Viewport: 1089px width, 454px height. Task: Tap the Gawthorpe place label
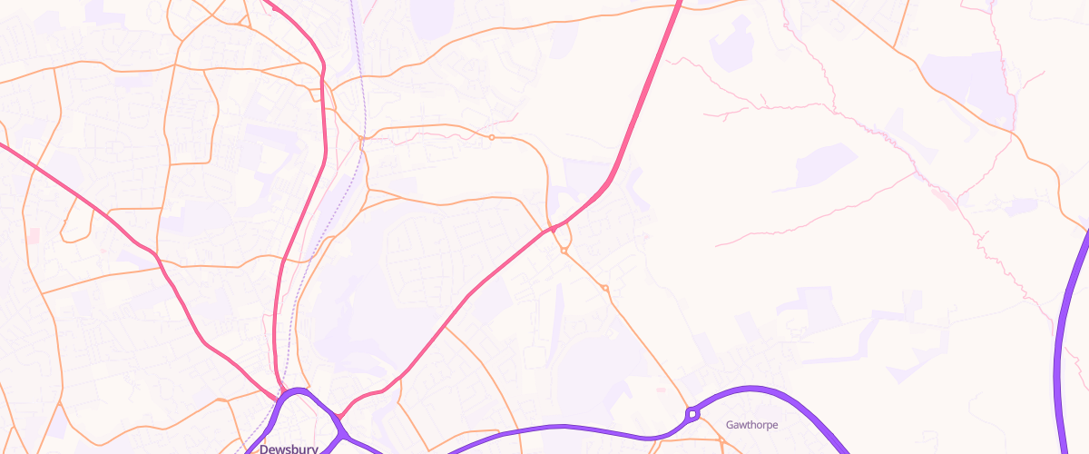click(x=752, y=424)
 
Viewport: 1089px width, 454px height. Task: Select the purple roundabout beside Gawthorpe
click(x=693, y=414)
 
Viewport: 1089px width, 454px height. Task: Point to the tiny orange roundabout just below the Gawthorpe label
click(x=721, y=440)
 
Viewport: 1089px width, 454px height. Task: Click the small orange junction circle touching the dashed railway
click(x=362, y=139)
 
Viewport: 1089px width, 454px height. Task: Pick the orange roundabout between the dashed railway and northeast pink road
click(x=492, y=137)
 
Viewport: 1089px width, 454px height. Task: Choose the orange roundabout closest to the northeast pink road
click(x=564, y=251)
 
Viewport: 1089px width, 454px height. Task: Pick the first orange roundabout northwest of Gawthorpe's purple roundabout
click(x=605, y=289)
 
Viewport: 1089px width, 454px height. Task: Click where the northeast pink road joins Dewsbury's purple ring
click(x=339, y=417)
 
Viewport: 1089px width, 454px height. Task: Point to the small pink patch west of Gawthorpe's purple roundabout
click(x=660, y=390)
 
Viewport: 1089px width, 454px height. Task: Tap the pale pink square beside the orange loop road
click(x=34, y=235)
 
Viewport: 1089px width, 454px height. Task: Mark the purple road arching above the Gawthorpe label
click(x=762, y=390)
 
